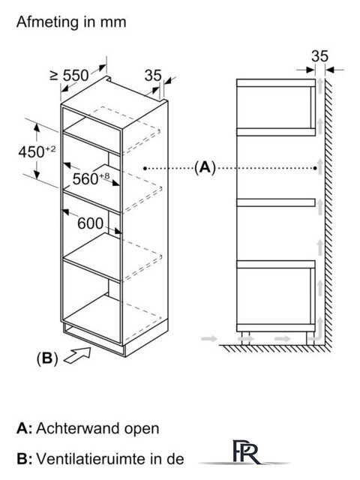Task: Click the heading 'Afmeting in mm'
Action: click(71, 22)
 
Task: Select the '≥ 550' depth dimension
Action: click(70, 75)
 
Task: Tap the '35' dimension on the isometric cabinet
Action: click(153, 75)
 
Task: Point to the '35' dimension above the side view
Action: click(319, 56)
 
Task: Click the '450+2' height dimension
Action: click(37, 151)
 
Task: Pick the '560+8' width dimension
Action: click(91, 178)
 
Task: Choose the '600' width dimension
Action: click(90, 223)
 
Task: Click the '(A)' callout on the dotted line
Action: click(205, 167)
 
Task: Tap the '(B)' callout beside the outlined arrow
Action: click(47, 358)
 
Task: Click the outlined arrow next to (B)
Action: click(77, 355)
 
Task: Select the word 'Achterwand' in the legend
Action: click(78, 428)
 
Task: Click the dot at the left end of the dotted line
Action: click(145, 168)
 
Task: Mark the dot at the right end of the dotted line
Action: click(316, 168)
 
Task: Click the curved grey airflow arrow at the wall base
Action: click(316, 330)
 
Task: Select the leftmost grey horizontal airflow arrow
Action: click(209, 338)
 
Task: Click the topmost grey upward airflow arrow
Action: click(320, 85)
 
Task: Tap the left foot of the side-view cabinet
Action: click(245, 337)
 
